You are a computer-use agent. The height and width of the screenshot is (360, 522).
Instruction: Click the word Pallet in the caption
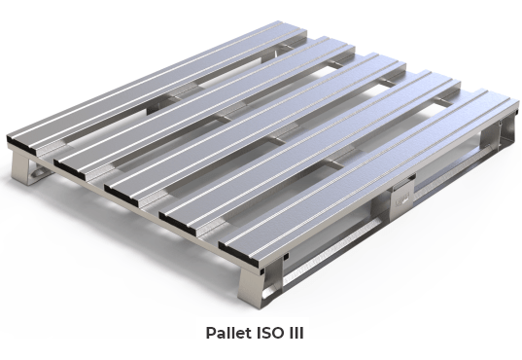coord(230,333)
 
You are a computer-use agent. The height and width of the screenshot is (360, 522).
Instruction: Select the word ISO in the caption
coord(271,333)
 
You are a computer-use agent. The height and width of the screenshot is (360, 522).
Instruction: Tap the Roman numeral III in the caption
coord(301,333)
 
